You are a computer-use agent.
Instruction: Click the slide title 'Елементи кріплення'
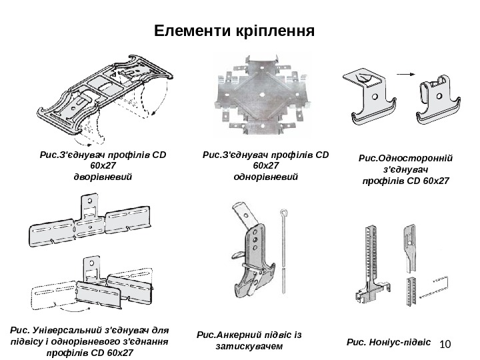coord(233,31)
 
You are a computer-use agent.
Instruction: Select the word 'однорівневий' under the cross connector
coord(266,177)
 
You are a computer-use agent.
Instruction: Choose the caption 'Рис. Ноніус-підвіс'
coord(389,342)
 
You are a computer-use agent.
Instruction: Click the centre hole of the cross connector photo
coord(264,93)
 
